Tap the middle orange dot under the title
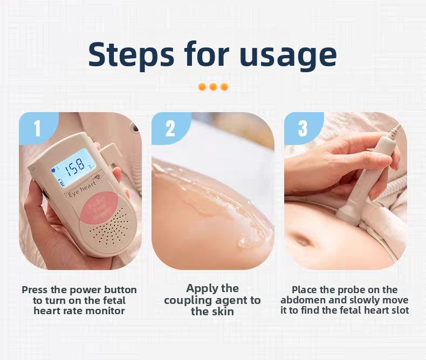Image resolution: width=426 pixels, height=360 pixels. [x=213, y=87]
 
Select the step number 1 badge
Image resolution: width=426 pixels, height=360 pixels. [x=37, y=128]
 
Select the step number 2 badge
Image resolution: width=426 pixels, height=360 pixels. [x=170, y=128]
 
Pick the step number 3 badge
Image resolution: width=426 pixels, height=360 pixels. [x=303, y=128]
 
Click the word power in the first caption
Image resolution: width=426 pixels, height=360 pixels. [x=86, y=290]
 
